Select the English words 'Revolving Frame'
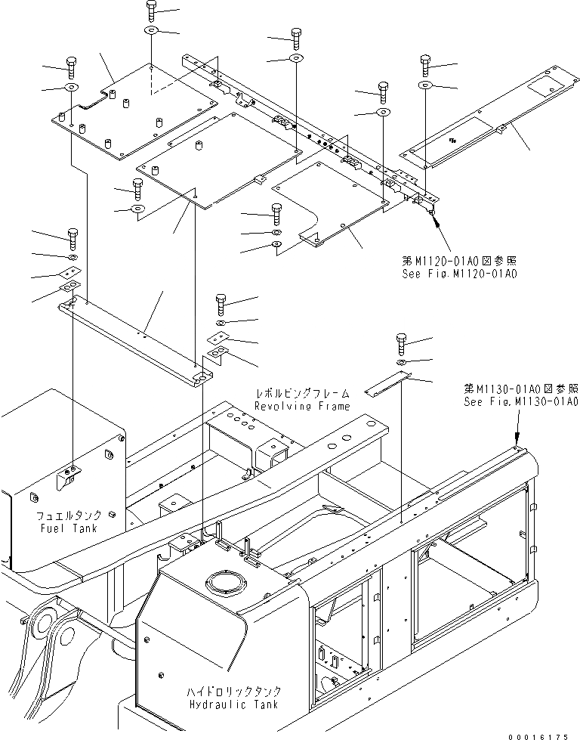pyautogui.click(x=302, y=406)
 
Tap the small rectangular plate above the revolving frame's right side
pyautogui.click(x=386, y=386)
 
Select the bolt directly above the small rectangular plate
pyautogui.click(x=401, y=344)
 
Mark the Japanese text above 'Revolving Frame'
pyautogui.click(x=302, y=394)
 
